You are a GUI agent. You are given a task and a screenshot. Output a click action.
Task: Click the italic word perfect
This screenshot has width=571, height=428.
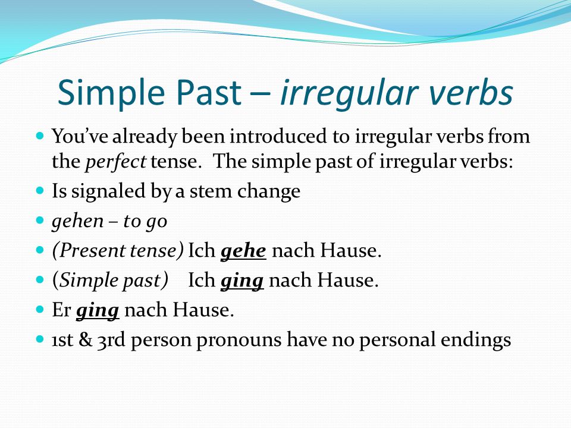click(x=115, y=162)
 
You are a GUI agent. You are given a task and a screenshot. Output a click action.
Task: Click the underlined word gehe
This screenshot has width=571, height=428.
click(x=243, y=251)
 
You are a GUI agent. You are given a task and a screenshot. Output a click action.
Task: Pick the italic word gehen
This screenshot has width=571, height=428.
click(x=77, y=222)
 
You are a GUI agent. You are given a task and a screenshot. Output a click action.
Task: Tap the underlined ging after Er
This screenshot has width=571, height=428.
click(x=98, y=311)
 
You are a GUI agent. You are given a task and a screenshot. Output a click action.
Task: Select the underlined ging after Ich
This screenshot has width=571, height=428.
click(x=242, y=281)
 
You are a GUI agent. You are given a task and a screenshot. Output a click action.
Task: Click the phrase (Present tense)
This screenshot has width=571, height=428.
click(x=117, y=251)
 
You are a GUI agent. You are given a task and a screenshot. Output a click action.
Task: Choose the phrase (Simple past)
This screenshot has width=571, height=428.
click(x=110, y=281)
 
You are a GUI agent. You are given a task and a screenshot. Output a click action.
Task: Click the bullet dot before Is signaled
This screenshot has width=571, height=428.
click(x=40, y=190)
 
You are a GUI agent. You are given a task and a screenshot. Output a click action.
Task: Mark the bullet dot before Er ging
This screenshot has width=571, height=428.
click(x=40, y=309)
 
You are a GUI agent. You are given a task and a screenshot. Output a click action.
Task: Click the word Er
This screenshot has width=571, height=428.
click(x=61, y=310)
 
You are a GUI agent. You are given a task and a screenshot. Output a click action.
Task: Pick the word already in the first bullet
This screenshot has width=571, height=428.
click(x=145, y=137)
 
